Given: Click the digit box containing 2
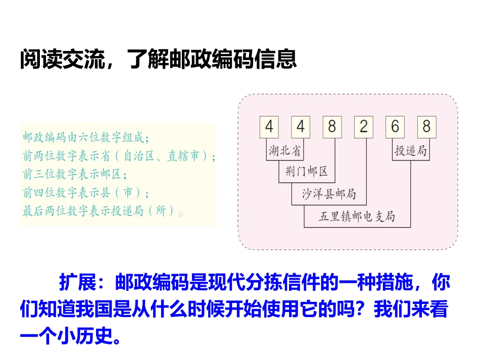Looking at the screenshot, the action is [364, 127].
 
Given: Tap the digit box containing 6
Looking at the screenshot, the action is [395, 127].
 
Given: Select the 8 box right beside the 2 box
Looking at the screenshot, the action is [332, 127].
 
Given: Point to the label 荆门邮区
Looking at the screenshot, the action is [307, 172].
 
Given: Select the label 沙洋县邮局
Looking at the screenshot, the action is [329, 194].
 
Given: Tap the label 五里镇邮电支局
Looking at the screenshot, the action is [357, 217].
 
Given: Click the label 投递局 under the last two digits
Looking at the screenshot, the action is [411, 150].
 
